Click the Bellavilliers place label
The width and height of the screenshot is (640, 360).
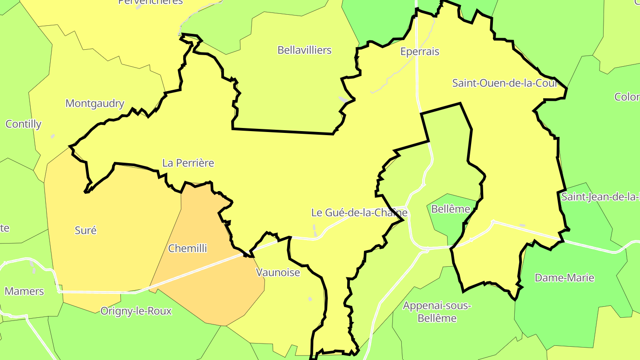tap(304, 50)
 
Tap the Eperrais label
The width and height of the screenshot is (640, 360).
tap(420, 52)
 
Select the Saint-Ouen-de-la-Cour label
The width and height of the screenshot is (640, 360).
tap(504, 83)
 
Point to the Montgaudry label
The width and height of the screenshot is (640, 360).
tap(95, 104)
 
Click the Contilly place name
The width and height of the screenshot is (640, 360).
tap(24, 124)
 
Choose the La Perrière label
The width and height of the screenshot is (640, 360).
tap(188, 163)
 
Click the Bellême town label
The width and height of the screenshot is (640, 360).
tap(451, 209)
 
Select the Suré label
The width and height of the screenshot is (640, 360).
tap(86, 230)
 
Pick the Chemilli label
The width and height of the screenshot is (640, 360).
tap(188, 248)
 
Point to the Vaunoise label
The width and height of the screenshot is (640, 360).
tap(278, 272)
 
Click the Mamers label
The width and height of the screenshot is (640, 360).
tap(24, 292)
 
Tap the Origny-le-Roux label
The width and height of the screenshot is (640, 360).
tap(136, 311)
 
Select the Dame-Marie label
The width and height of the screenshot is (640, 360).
tap(564, 278)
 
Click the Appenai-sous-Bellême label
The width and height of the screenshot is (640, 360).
tap(437, 312)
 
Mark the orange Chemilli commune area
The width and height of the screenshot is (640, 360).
tap(209, 284)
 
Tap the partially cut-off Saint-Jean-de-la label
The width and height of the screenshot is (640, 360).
tap(600, 196)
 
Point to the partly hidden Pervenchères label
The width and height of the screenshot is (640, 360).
tap(150, 2)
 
